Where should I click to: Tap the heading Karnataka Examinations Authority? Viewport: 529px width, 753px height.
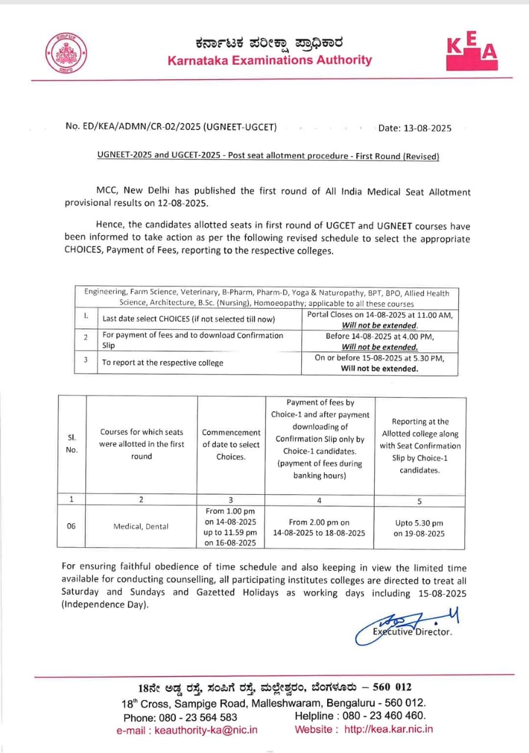pos(270,60)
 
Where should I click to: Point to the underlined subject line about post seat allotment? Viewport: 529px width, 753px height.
pos(268,156)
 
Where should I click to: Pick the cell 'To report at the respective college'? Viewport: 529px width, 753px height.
pos(163,362)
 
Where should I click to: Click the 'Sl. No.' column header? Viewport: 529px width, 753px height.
pos(71,444)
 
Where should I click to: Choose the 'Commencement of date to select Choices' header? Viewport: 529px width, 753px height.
pos(231,444)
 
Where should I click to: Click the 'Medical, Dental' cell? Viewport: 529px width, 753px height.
pos(141,527)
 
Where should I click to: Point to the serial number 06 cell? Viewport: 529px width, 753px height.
pos(71,527)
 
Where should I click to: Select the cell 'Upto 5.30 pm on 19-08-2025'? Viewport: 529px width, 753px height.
pos(419,528)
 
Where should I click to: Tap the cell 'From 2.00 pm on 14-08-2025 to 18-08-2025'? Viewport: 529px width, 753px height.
pos(319,528)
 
